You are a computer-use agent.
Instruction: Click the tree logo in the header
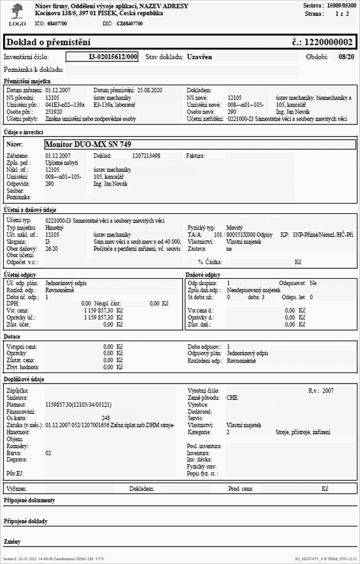point(16,10)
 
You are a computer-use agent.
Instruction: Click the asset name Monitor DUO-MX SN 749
point(88,144)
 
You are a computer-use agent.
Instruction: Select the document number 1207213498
point(146,156)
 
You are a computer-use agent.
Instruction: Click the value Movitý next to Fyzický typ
point(235,226)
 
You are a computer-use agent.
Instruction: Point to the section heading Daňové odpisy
point(204,275)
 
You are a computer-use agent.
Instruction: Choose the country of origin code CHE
point(232,397)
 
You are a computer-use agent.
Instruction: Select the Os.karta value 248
point(105,418)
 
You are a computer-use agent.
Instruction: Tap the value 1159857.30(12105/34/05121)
point(78,404)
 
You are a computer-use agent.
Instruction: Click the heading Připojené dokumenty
point(29,500)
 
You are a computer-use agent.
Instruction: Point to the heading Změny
point(12,541)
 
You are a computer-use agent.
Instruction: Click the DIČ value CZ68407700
point(130,24)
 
